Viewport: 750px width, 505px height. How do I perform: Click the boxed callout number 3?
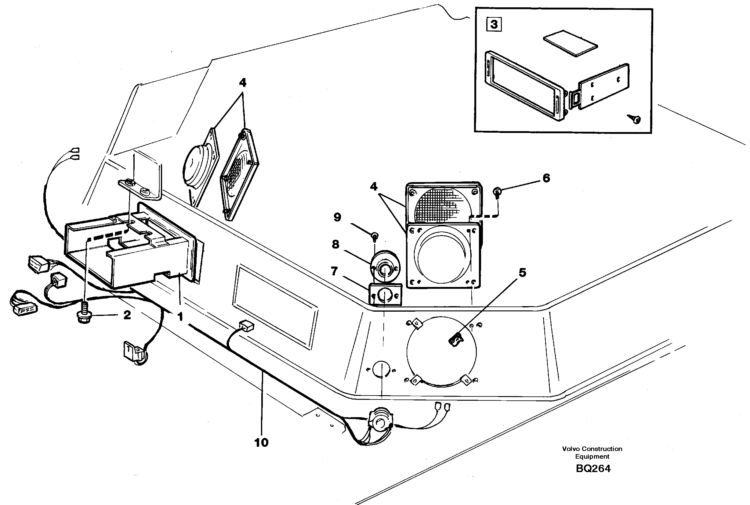[x=494, y=24]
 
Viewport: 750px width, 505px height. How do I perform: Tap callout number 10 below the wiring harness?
[x=261, y=442]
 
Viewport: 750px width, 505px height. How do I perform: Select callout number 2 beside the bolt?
[x=127, y=315]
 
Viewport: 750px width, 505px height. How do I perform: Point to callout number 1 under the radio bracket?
[x=180, y=317]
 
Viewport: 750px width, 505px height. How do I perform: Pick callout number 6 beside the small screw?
[x=546, y=178]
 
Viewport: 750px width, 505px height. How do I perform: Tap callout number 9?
[x=337, y=217]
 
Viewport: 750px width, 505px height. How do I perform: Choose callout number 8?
[x=335, y=245]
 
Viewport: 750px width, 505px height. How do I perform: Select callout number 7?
[x=334, y=271]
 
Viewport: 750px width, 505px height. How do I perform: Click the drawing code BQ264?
[x=593, y=469]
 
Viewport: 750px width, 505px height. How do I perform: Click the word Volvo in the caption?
[x=571, y=449]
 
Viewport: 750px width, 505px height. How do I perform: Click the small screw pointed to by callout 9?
[x=375, y=237]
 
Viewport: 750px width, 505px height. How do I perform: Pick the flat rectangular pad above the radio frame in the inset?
[x=571, y=43]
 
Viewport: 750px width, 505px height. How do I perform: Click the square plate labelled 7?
[x=385, y=294]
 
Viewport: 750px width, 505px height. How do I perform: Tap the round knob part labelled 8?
[x=385, y=268]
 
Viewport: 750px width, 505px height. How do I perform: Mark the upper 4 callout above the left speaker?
[x=242, y=83]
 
